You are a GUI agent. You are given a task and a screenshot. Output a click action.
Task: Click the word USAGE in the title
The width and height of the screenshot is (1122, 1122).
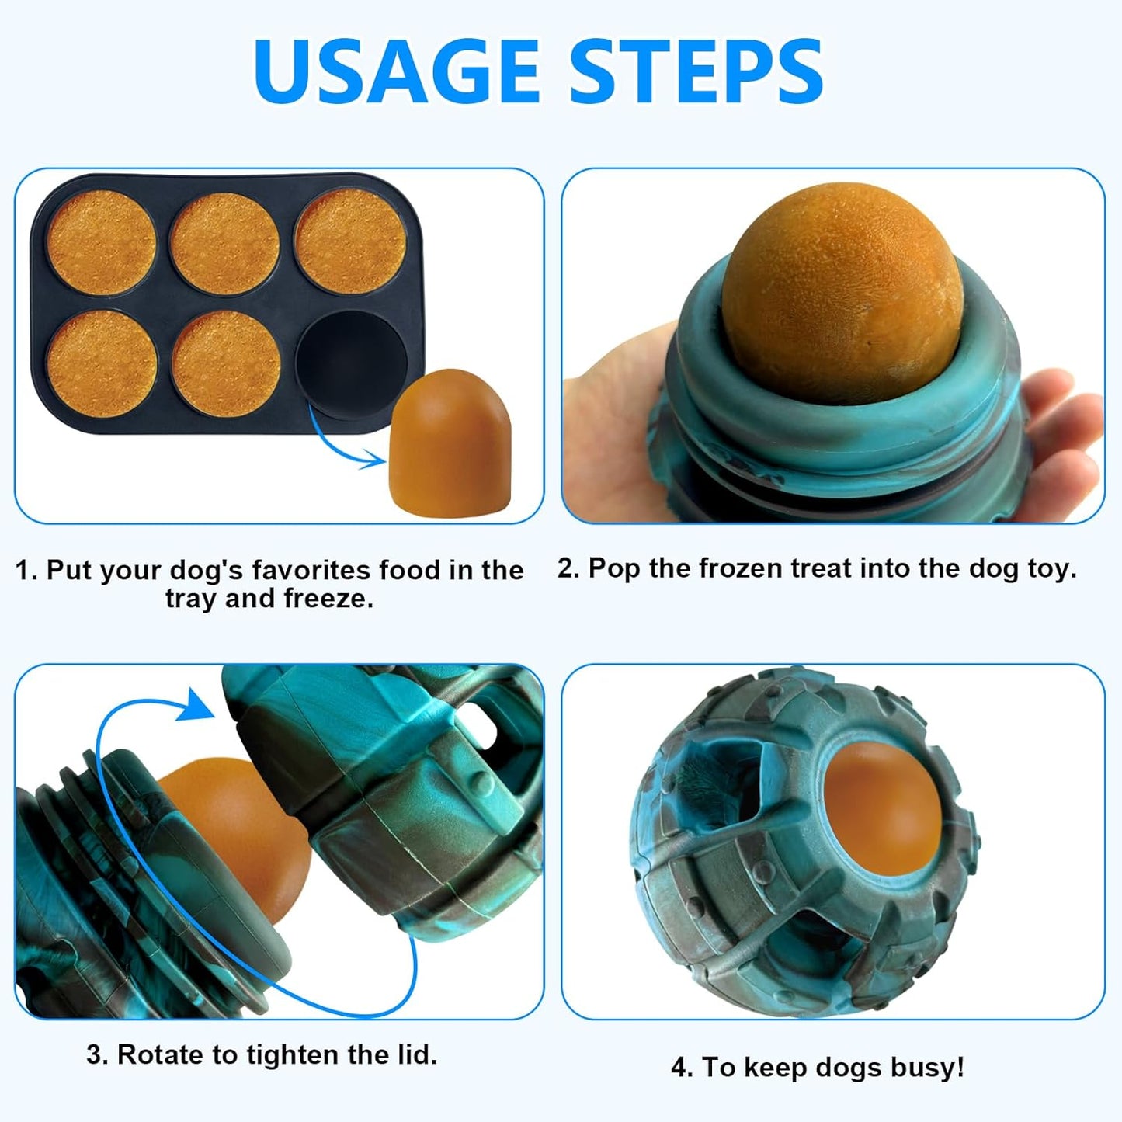(x=396, y=71)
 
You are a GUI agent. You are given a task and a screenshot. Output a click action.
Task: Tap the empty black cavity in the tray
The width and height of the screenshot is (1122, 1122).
(x=351, y=362)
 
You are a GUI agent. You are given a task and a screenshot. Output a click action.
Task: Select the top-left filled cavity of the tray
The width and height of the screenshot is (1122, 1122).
(x=101, y=242)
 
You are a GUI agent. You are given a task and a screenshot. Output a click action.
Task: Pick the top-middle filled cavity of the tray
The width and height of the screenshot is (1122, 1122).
(x=225, y=243)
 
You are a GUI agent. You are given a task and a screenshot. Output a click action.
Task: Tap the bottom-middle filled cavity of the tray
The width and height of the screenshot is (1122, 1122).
(x=227, y=363)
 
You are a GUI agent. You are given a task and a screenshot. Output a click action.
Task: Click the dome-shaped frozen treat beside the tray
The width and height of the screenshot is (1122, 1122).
(x=450, y=442)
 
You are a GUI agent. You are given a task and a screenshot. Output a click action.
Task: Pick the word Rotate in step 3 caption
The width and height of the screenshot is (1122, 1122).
(x=162, y=1054)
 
